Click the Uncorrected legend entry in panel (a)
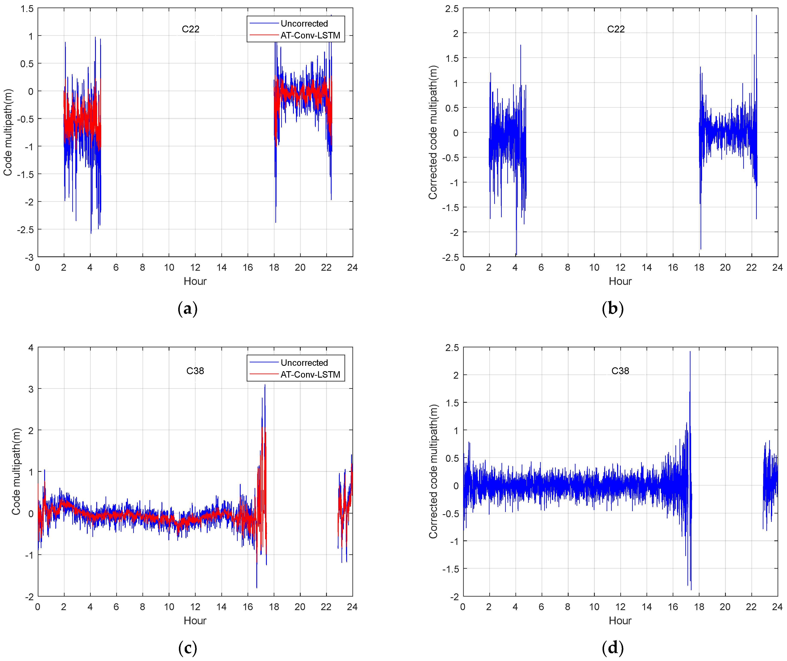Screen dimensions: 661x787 (x=304, y=24)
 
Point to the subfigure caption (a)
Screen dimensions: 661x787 (x=187, y=308)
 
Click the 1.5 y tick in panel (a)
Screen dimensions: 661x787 (x=27, y=9)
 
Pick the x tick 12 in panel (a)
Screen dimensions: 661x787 (x=195, y=267)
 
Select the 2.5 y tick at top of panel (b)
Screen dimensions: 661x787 (x=452, y=9)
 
